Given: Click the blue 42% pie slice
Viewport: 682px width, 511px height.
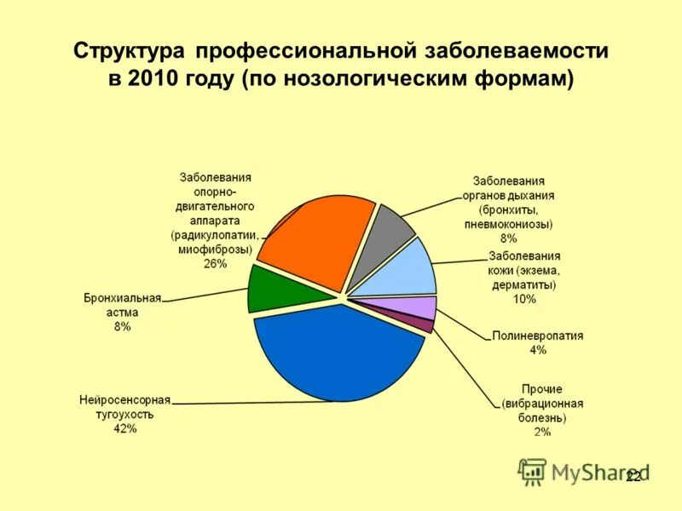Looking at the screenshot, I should click(337, 353).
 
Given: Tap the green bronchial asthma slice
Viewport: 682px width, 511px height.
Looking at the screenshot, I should click(269, 290).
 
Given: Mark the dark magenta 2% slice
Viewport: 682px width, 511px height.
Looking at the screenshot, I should click(424, 324).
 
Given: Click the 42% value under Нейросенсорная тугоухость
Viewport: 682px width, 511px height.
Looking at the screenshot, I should click(124, 428).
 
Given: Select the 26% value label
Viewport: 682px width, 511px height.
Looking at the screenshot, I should click(215, 264).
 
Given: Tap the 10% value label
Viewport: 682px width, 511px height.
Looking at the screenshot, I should click(523, 299).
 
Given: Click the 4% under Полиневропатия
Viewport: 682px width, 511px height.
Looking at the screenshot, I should click(537, 350).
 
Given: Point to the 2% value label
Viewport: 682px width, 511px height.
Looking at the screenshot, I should click(542, 432).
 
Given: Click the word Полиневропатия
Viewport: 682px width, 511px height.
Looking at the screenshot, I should click(537, 336).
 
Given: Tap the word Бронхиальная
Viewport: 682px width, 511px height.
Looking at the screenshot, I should click(122, 298).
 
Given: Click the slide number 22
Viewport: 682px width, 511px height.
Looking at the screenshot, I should click(633, 477).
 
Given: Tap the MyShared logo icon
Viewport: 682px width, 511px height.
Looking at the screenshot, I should click(533, 471).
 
